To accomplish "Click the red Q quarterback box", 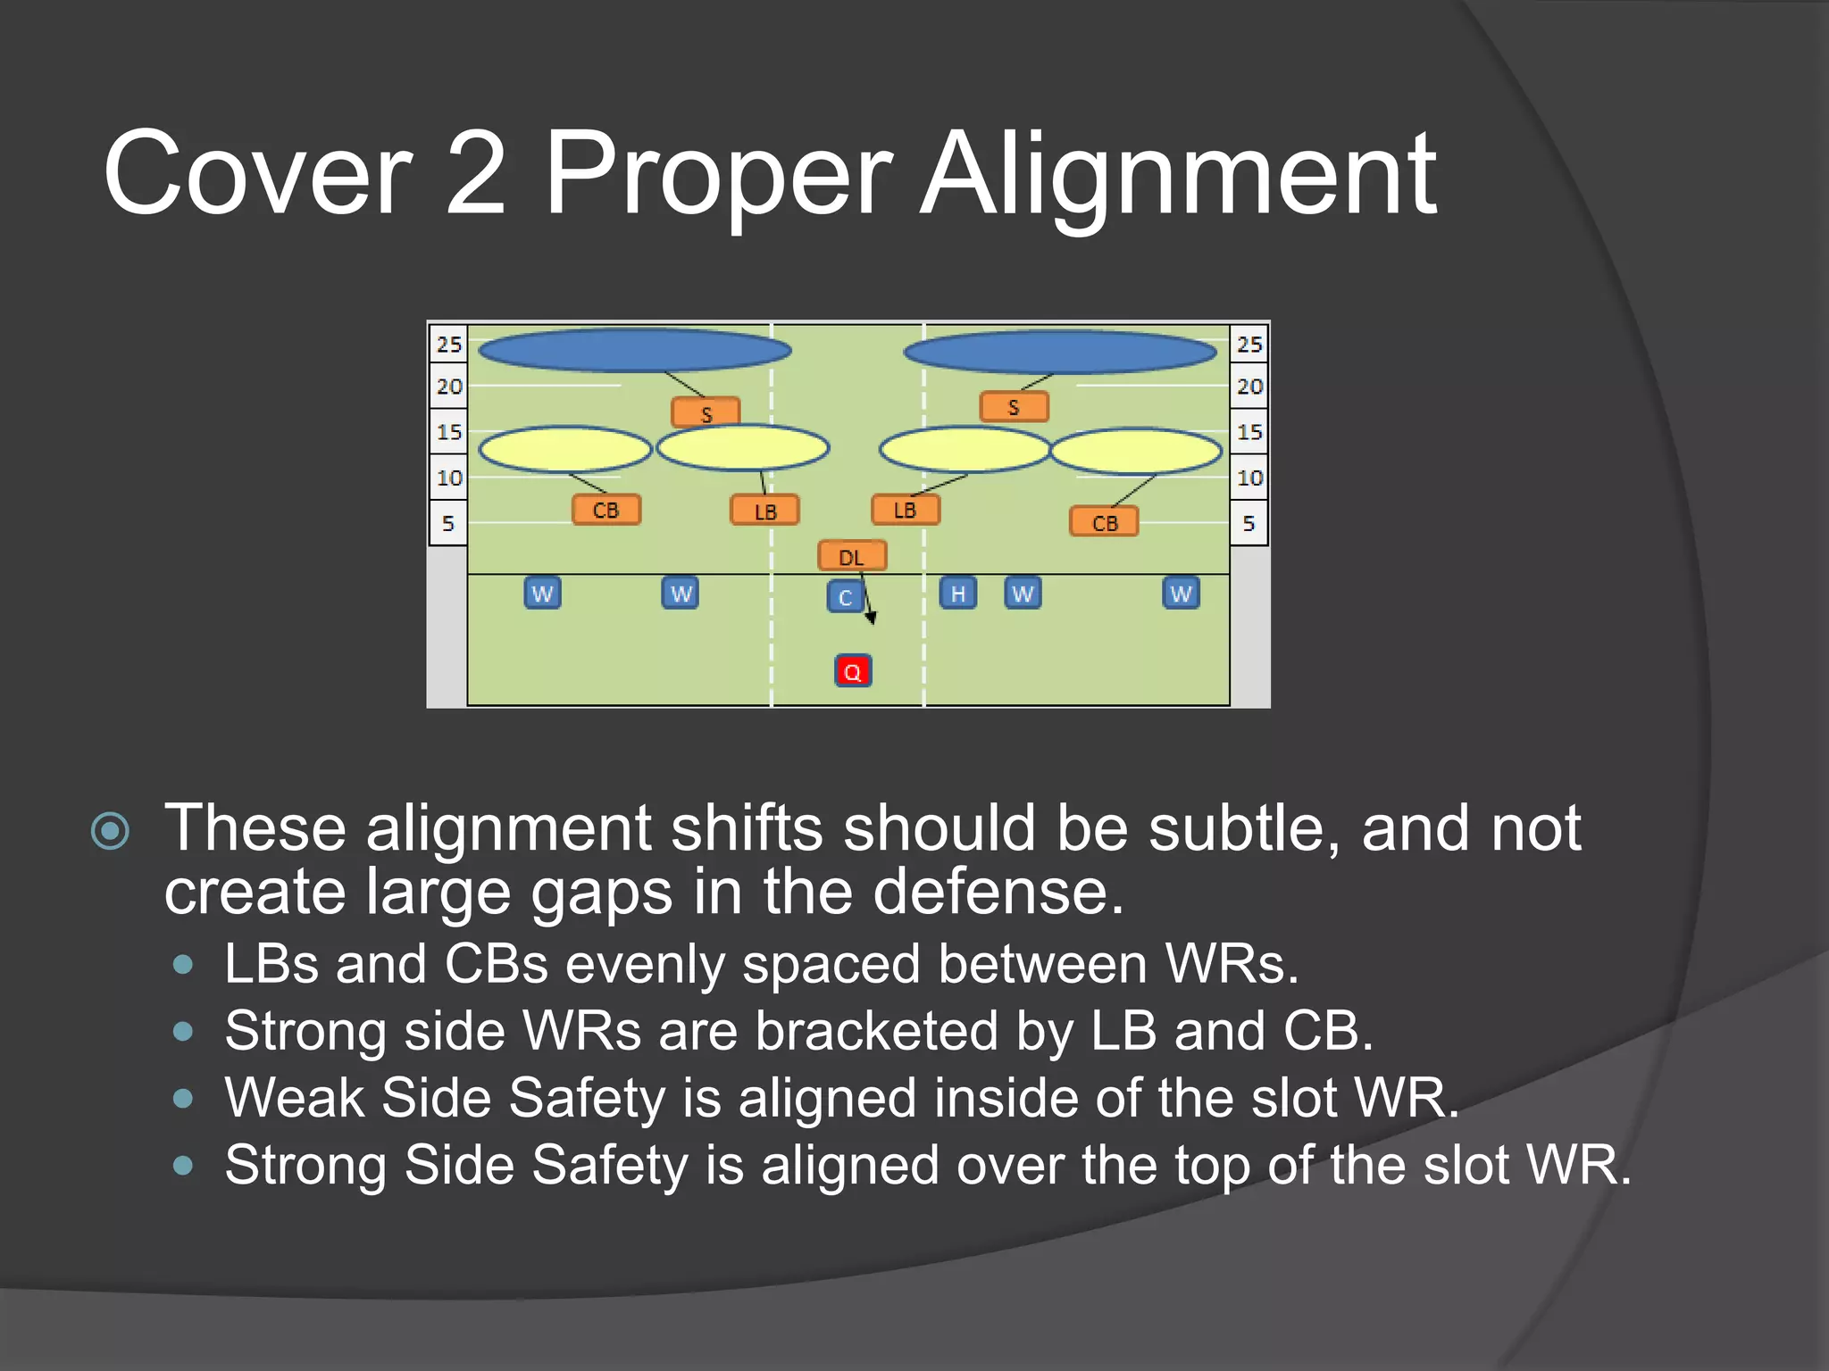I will pyautogui.click(x=853, y=671).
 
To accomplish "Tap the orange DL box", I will pyautogui.click(x=852, y=557).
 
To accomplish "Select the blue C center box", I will pyautogui.click(x=845, y=597).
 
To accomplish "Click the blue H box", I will pyautogui.click(x=957, y=594).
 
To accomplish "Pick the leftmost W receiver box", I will pyautogui.click(x=542, y=594).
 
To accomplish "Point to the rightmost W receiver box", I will pyautogui.click(x=1181, y=594).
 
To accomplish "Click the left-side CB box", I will pyautogui.click(x=605, y=511).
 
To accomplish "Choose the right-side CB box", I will pyautogui.click(x=1104, y=523).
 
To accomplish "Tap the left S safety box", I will pyautogui.click(x=706, y=413).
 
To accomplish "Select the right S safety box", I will pyautogui.click(x=1014, y=408).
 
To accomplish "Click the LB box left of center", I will pyautogui.click(x=764, y=511).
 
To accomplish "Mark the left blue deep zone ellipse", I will pyautogui.click(x=634, y=351).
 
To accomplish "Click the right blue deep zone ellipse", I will pyautogui.click(x=1060, y=353).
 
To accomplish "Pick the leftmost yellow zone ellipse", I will pyautogui.click(x=564, y=449).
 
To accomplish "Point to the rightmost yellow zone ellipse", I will pyautogui.click(x=1136, y=452).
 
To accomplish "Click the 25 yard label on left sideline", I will pyautogui.click(x=448, y=345).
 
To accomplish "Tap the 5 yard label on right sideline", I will pyautogui.click(x=1249, y=524).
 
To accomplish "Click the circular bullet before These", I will pyautogui.click(x=111, y=831).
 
